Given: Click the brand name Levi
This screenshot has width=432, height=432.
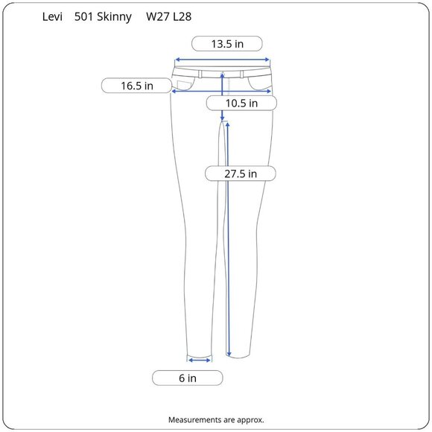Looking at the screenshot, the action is click(x=52, y=17).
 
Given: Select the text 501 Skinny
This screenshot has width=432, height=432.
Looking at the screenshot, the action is click(x=103, y=17).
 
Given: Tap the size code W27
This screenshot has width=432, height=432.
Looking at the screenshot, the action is click(x=158, y=17).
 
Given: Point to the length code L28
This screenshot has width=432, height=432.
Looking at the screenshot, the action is click(x=182, y=17).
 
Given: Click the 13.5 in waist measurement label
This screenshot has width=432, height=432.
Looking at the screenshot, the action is click(x=227, y=44).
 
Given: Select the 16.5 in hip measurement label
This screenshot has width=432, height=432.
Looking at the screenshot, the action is click(x=136, y=86).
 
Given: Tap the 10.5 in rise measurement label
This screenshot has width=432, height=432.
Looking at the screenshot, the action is click(x=241, y=104).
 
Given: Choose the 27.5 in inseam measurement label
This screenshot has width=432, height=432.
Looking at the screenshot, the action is click(x=241, y=174).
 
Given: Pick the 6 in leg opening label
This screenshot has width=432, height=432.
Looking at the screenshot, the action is click(x=188, y=378).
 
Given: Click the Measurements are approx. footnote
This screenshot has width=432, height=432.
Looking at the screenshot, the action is click(x=216, y=420).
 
